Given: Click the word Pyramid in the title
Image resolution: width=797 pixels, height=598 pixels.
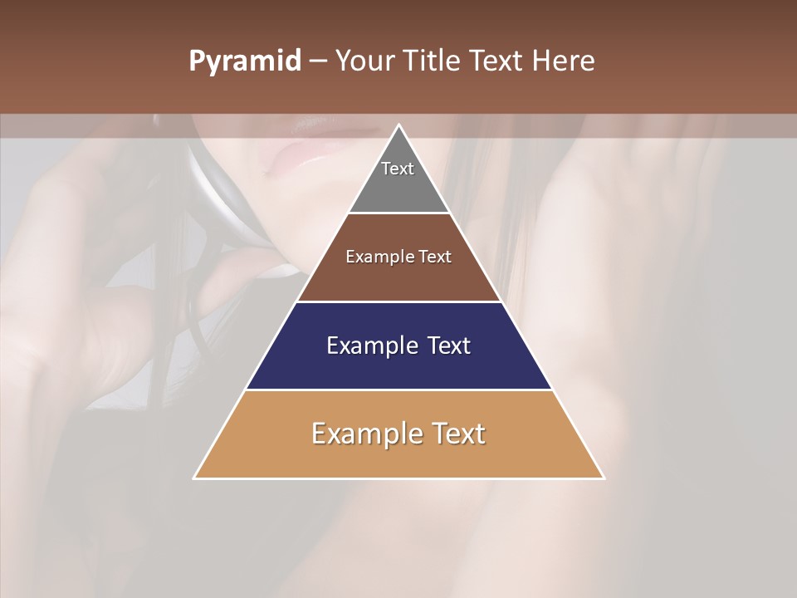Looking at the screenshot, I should [x=245, y=61].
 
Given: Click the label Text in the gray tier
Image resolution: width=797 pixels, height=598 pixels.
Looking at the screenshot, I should [x=398, y=169].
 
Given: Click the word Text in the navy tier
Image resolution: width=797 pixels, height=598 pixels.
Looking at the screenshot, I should [x=443, y=346].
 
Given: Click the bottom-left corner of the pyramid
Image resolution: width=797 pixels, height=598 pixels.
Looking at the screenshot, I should [x=194, y=478].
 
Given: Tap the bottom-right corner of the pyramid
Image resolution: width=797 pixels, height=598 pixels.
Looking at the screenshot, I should [x=604, y=478].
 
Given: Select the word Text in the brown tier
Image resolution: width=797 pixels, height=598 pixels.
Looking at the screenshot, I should [x=433, y=257].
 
